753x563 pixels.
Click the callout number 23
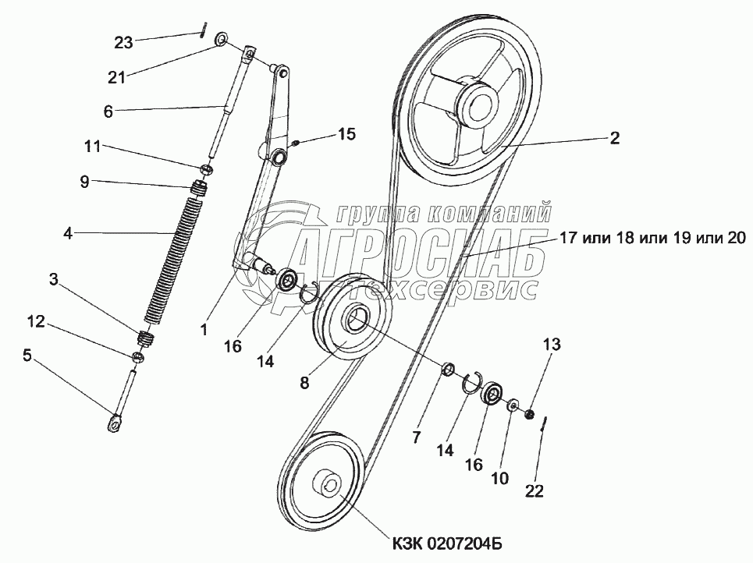[123, 42]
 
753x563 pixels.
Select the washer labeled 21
[222, 38]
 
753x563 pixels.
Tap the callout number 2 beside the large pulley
[614, 138]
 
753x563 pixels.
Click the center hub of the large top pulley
[477, 102]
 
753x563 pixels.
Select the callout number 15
[346, 135]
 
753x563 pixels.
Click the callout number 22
[535, 490]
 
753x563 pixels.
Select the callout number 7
[416, 437]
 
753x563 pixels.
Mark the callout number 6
[108, 112]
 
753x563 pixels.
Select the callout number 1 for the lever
[204, 330]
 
